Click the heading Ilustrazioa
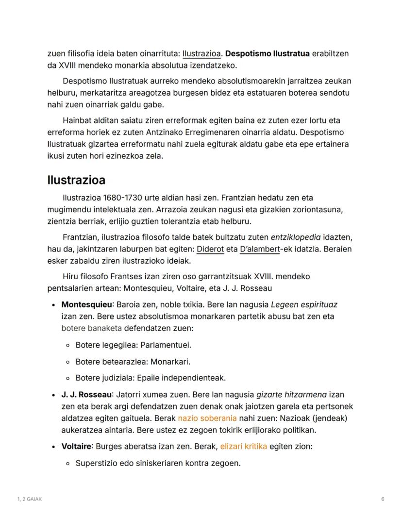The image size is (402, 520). coord(76,180)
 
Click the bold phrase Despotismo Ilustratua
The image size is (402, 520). coord(268,53)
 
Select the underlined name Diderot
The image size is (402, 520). coord(210,249)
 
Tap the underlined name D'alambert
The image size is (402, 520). coord(260,249)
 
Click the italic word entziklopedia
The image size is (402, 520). coord(296,237)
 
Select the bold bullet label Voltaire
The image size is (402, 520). coord(76,446)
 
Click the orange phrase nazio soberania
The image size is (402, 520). coord(207,418)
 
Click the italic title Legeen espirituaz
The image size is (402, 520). coord(304,305)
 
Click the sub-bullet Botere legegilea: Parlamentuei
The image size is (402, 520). coord(133,345)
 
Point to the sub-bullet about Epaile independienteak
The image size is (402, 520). coord(151,378)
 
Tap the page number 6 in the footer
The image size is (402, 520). coord(383,499)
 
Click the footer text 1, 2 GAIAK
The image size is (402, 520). coord(29,499)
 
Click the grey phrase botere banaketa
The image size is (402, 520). coord(91,328)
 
